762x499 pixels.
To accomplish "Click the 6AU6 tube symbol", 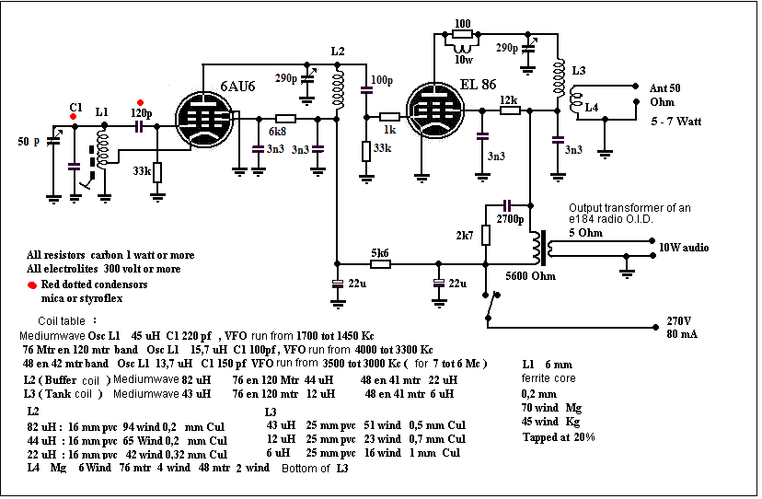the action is (x=204, y=119).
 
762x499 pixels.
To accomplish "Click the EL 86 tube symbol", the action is (x=435, y=110).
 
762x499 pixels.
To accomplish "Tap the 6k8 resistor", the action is (x=285, y=119).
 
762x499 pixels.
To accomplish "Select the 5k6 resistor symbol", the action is (x=380, y=264).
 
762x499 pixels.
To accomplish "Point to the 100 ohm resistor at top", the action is (x=462, y=34).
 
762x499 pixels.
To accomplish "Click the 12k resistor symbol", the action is (x=510, y=110).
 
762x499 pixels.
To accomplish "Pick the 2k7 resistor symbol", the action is (x=485, y=236).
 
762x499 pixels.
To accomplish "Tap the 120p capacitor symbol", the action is (x=139, y=126).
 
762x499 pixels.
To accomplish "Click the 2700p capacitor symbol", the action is (x=507, y=205).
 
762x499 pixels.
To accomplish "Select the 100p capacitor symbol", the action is (x=366, y=90).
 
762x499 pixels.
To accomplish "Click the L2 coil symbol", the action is (x=338, y=87).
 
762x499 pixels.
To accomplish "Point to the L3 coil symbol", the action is (x=559, y=78).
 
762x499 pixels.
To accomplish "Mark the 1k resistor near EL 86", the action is (x=389, y=117).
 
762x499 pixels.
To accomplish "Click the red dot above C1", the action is (x=73, y=117).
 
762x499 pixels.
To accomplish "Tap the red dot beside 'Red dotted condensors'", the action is (x=32, y=285).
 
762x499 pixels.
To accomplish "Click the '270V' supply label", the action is (x=679, y=321).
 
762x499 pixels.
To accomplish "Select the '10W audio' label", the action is (x=684, y=248).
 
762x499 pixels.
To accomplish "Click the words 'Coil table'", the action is (x=62, y=321).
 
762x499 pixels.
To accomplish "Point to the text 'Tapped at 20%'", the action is (x=559, y=436).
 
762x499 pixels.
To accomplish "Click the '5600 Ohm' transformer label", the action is (x=531, y=276).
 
